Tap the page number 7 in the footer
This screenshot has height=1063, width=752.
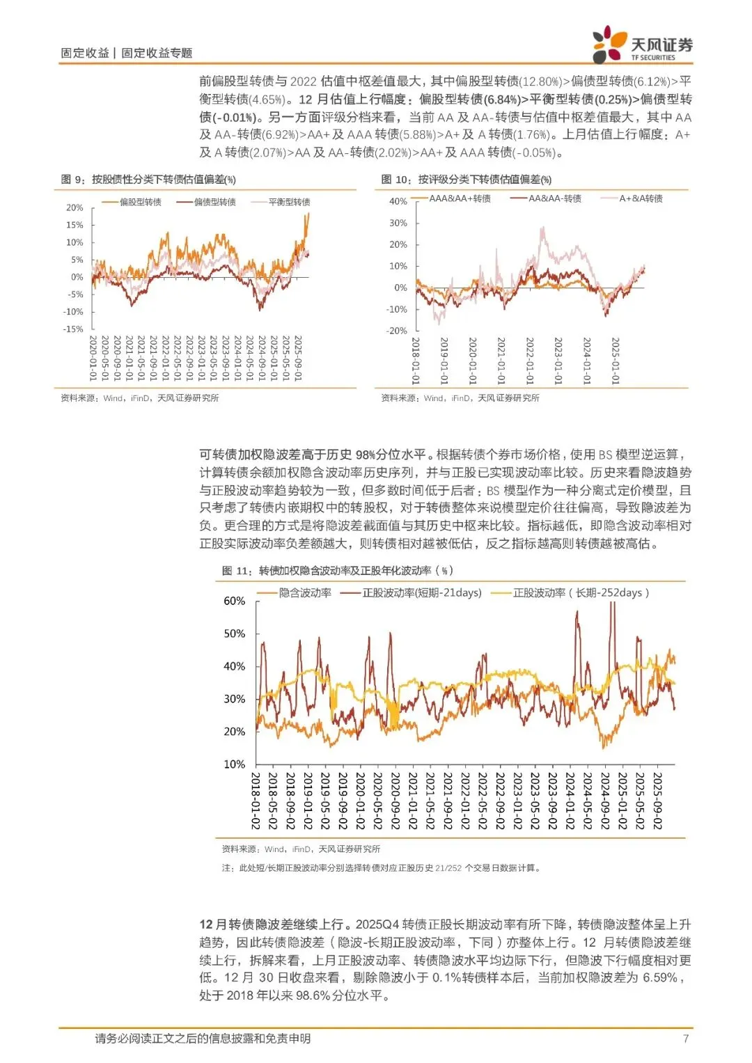pos(686,1039)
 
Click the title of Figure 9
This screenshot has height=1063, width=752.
pos(148,180)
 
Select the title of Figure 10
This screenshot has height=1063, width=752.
pos(466,180)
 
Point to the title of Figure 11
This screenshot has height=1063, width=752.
pos(338,571)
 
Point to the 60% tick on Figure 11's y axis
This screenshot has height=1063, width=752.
pos(235,601)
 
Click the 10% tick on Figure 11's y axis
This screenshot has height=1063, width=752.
pos(235,764)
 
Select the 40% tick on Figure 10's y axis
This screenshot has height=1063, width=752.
pos(398,201)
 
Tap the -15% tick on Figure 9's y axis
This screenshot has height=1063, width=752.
pos(73,329)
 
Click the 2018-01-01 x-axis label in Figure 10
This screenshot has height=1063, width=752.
pos(416,361)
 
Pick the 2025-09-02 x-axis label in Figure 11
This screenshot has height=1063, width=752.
pos(657,801)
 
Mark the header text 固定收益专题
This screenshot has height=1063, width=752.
pos(157,53)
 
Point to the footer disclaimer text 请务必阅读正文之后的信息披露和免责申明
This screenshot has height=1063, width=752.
pos(203,1039)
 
